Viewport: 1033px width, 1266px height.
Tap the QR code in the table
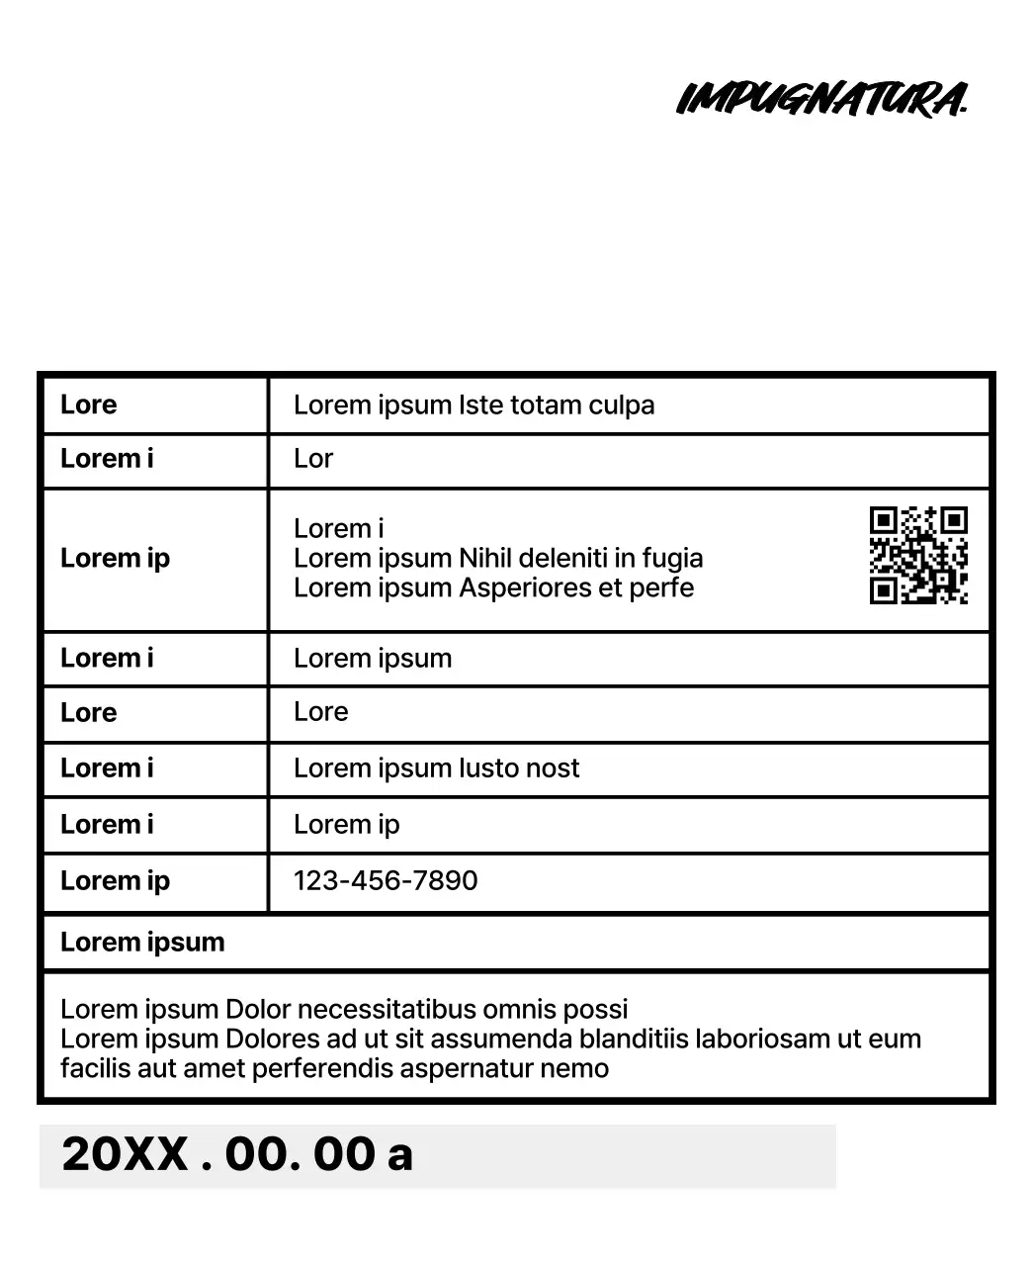click(x=918, y=555)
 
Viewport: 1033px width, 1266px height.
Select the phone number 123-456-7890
click(x=386, y=880)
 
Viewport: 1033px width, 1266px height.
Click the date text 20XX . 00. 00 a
click(x=237, y=1154)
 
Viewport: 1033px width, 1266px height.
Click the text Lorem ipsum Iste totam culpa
click(x=473, y=405)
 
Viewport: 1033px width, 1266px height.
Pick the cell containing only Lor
click(x=313, y=459)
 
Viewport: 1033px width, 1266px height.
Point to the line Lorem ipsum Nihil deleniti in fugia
click(x=498, y=558)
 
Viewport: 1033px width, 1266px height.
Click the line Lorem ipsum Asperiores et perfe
click(x=493, y=588)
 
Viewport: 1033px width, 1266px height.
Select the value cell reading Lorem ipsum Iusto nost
click(x=436, y=768)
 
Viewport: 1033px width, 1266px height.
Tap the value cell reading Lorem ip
click(x=346, y=824)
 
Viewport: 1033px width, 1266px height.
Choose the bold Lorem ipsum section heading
click(x=142, y=942)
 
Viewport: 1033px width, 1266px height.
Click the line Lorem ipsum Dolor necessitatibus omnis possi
click(x=344, y=1009)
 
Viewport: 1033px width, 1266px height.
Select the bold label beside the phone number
click(x=115, y=880)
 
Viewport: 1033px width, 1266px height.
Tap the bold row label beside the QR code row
click(x=115, y=558)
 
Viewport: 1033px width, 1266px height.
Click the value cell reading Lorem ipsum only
click(x=373, y=658)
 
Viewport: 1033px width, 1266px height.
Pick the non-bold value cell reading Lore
click(x=320, y=712)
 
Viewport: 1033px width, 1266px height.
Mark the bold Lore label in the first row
click(x=88, y=405)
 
